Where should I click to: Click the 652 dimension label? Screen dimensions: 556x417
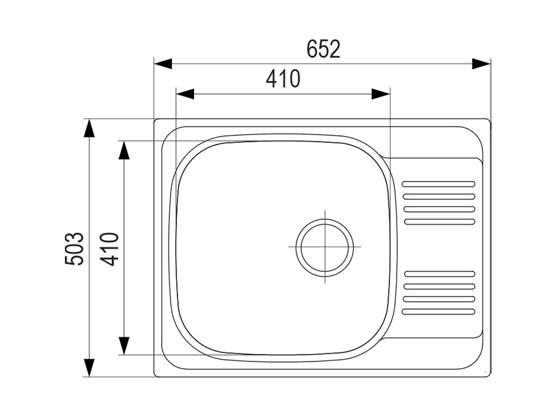(323, 49)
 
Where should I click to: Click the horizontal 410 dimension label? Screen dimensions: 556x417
(283, 78)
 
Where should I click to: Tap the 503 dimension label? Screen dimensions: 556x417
(75, 248)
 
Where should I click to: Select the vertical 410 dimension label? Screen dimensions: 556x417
(109, 249)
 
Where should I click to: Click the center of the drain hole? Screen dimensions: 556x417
(325, 246)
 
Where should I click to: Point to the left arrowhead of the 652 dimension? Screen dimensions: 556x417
(163, 64)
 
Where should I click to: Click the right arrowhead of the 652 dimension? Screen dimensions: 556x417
(481, 64)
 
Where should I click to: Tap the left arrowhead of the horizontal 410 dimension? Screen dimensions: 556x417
(185, 94)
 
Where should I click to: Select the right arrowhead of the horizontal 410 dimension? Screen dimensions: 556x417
(381, 94)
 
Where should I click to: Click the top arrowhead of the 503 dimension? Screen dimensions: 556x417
(89, 128)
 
